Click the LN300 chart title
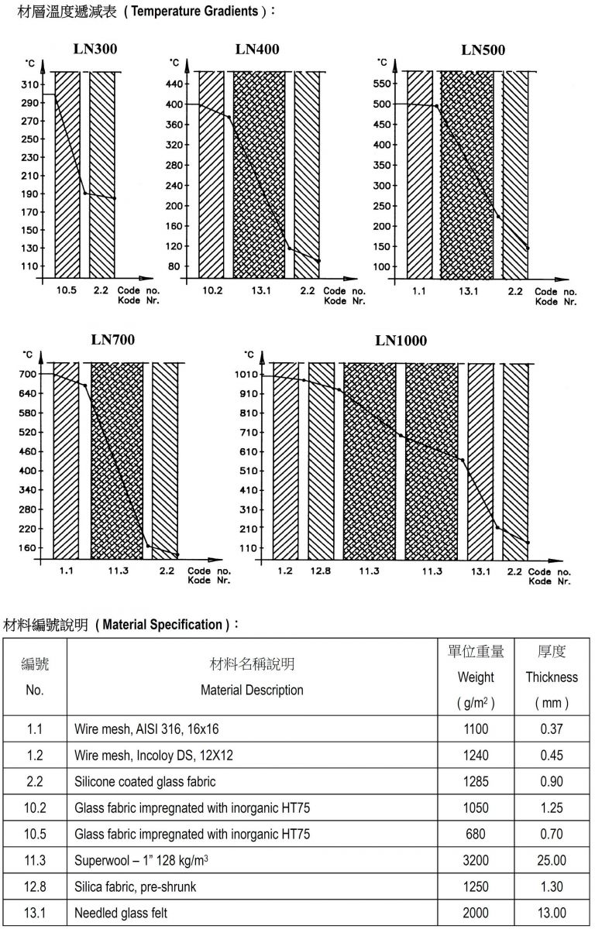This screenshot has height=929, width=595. click(x=96, y=50)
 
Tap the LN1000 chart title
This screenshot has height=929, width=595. click(x=401, y=341)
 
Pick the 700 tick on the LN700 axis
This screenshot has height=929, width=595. click(x=28, y=374)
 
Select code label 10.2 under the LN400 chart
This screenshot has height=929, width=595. click(x=212, y=291)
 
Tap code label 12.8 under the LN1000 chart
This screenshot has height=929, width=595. click(x=322, y=571)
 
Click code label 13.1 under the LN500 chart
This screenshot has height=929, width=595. click(x=467, y=291)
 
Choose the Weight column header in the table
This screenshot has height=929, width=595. click(x=476, y=677)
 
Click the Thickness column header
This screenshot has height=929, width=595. click(x=552, y=677)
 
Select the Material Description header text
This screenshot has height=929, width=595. click(x=252, y=690)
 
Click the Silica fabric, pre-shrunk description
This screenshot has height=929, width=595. click(x=136, y=886)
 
